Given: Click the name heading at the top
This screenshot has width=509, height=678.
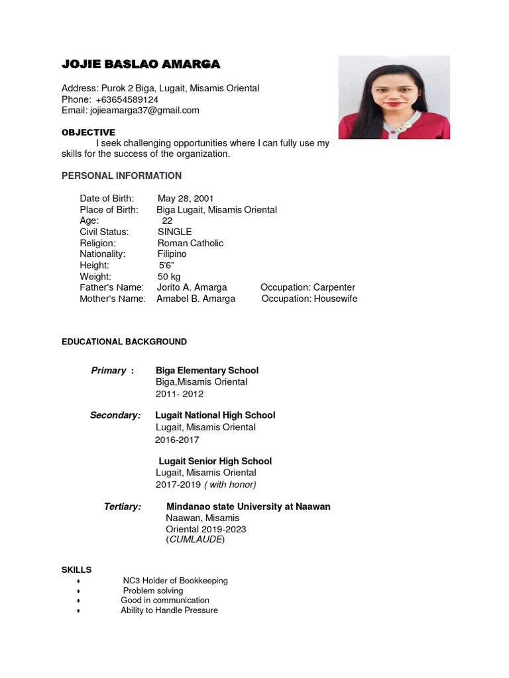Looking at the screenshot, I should click(x=141, y=64).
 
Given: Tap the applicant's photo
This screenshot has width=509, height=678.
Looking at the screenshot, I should click(x=394, y=97).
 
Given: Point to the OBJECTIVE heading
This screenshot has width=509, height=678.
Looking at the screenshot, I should click(x=88, y=132).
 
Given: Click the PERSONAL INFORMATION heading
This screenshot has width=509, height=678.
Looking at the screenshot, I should click(x=121, y=175).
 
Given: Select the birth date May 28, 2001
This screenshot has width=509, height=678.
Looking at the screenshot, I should click(x=186, y=199).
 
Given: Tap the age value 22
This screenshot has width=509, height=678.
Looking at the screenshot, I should click(x=167, y=221).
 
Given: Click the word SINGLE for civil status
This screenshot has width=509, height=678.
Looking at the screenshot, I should click(x=174, y=232).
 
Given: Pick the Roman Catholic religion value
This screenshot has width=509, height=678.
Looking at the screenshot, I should click(x=190, y=243).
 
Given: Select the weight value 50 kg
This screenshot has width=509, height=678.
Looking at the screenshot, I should click(x=168, y=276).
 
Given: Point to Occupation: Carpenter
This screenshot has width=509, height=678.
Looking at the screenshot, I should click(x=308, y=287).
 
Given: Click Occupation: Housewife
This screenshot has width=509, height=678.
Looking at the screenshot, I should click(x=309, y=299).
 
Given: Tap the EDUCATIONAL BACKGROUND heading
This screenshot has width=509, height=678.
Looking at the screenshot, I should click(x=124, y=342).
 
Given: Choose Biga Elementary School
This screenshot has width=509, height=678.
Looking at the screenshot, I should click(x=207, y=370).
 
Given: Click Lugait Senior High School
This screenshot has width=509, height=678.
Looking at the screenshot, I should click(x=215, y=461).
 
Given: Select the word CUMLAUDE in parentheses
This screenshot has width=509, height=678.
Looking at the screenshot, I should click(x=196, y=540).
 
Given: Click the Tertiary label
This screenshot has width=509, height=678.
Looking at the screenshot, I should click(x=122, y=507).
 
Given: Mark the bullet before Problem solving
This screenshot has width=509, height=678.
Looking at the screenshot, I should click(x=79, y=591).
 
